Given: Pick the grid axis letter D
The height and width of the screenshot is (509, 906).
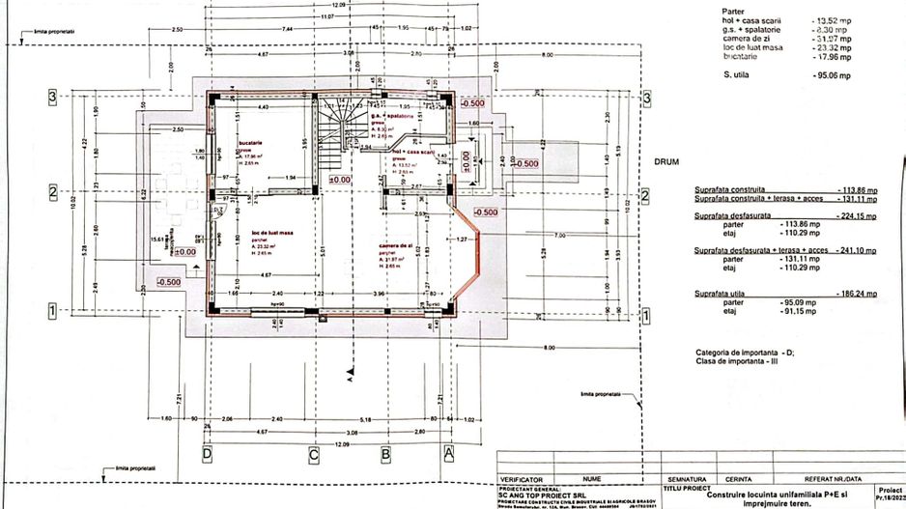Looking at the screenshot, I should tap(207, 451).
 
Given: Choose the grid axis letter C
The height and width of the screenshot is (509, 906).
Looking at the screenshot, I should tap(313, 451).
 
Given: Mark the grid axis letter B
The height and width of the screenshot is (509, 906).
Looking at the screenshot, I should tap(384, 451).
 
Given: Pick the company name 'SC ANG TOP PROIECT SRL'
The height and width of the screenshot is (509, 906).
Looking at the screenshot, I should tap(542, 494).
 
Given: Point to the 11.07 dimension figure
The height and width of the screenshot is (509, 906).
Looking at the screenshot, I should tap(328, 16).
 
